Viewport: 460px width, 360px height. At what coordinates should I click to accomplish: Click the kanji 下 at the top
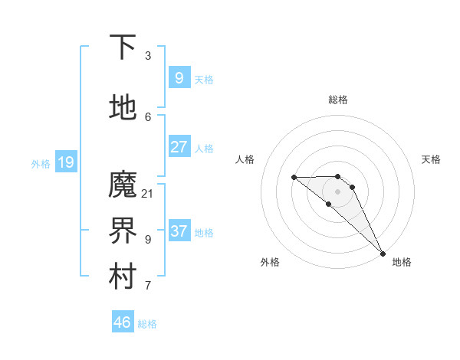pyautogui.click(x=123, y=47)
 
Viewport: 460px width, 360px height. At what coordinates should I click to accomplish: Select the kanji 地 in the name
pyautogui.click(x=123, y=108)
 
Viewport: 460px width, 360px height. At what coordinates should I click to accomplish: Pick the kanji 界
pyautogui.click(x=123, y=231)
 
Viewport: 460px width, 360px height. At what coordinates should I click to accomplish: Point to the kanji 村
pyautogui.click(x=123, y=278)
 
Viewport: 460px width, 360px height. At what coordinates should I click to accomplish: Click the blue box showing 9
pyautogui.click(x=179, y=77)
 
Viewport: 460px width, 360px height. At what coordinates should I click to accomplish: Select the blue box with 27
pyautogui.click(x=179, y=147)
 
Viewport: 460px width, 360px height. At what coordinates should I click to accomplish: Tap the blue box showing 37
pyautogui.click(x=179, y=231)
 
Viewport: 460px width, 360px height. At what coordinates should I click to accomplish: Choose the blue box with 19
pyautogui.click(x=65, y=162)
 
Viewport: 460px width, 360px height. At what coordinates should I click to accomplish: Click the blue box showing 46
pyautogui.click(x=122, y=322)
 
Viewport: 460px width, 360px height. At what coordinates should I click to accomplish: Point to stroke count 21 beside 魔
pyautogui.click(x=148, y=193)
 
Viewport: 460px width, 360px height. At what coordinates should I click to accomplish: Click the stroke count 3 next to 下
pyautogui.click(x=148, y=55)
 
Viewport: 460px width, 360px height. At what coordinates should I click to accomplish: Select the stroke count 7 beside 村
pyautogui.click(x=148, y=286)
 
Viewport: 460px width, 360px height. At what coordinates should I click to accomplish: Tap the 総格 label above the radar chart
pyautogui.click(x=338, y=100)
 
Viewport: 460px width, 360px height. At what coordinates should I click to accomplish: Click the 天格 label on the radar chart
pyautogui.click(x=431, y=159)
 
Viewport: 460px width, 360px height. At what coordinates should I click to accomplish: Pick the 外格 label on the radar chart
pyautogui.click(x=270, y=262)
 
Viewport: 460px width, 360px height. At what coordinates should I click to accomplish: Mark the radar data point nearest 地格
pyautogui.click(x=383, y=253)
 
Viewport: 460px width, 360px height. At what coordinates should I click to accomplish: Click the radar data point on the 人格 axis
pyautogui.click(x=294, y=178)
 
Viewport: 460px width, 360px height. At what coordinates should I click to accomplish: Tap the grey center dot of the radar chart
pyautogui.click(x=337, y=191)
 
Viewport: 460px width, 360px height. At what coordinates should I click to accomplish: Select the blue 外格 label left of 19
pyautogui.click(x=40, y=163)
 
